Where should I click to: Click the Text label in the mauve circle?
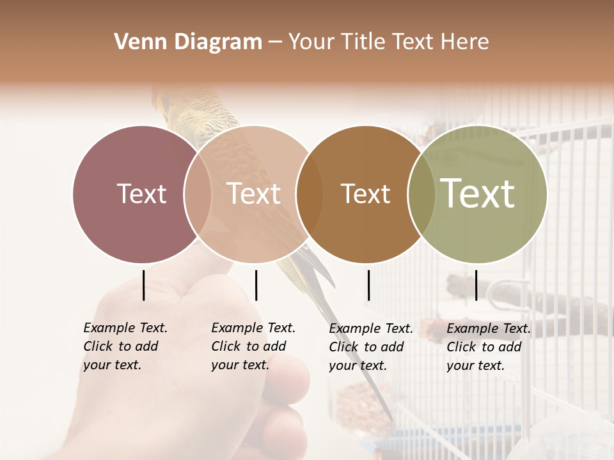[141, 194]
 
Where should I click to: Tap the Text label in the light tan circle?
[254, 194]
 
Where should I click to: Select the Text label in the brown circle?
[365, 194]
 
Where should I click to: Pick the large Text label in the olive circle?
[478, 194]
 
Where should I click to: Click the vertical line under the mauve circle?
[143, 285]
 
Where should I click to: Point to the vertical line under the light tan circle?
[256, 285]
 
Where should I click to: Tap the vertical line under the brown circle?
[368, 285]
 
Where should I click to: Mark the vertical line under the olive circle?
[476, 285]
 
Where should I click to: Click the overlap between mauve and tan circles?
[198, 194]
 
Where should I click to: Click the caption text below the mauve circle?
[125, 346]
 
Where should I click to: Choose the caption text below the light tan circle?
[253, 346]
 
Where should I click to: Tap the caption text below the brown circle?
[370, 347]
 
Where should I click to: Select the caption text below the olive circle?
[488, 347]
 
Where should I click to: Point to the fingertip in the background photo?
[292, 373]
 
